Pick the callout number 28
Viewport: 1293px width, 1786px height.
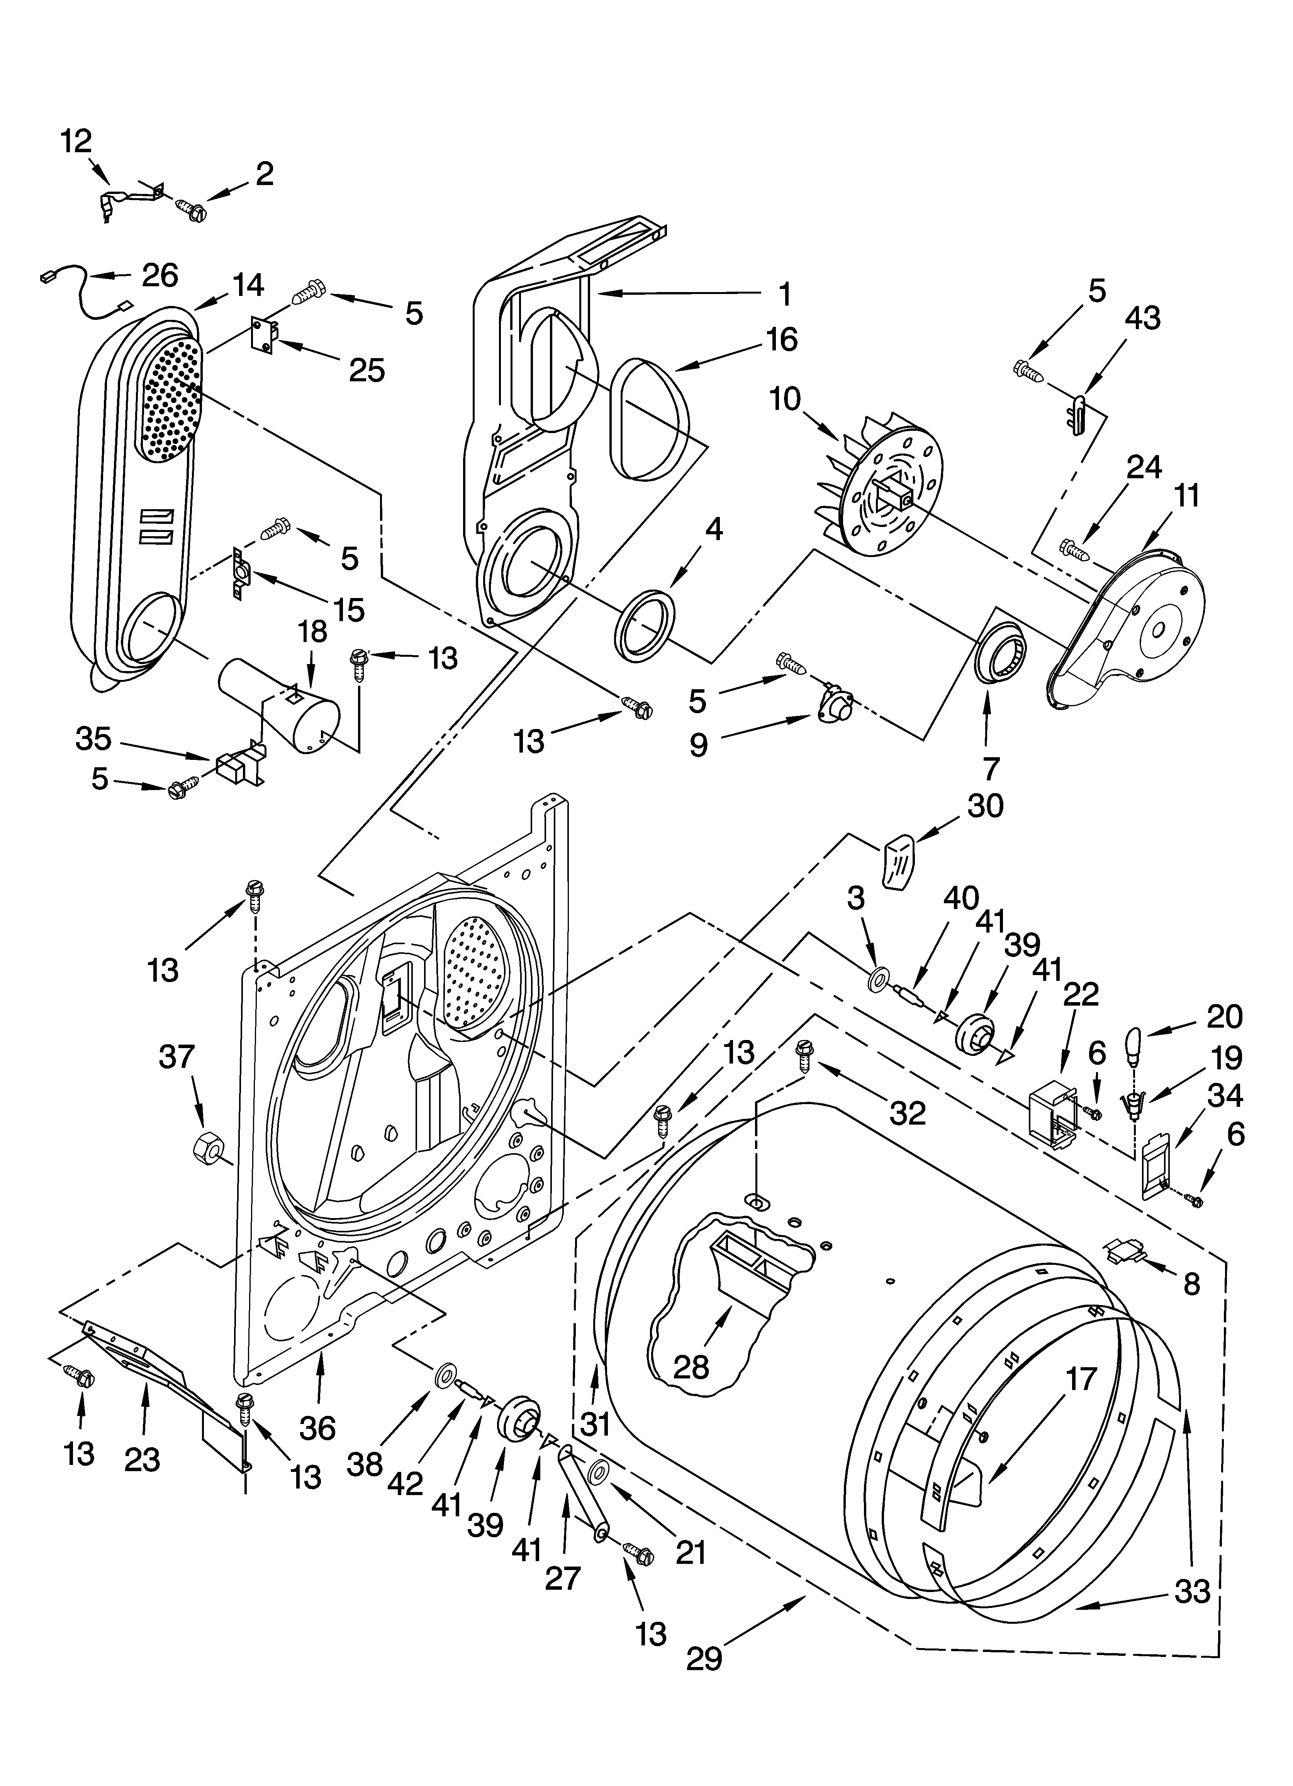pos(691,1367)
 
